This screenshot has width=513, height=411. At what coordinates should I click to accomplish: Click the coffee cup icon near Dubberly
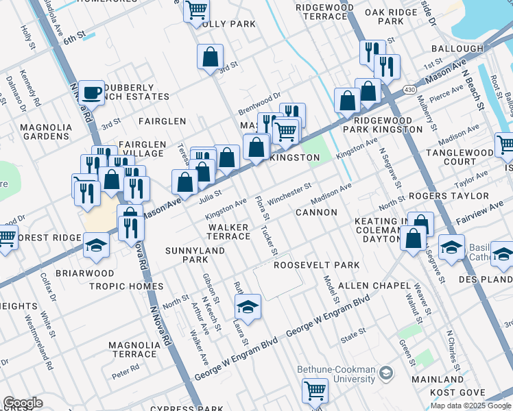point(91,92)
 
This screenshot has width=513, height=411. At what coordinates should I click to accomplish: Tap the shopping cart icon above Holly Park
point(196,10)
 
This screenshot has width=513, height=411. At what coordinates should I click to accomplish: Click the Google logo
point(23,403)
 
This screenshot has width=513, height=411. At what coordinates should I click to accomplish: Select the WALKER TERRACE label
point(229,232)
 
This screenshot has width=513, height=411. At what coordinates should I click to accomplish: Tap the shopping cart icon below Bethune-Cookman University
point(315,390)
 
